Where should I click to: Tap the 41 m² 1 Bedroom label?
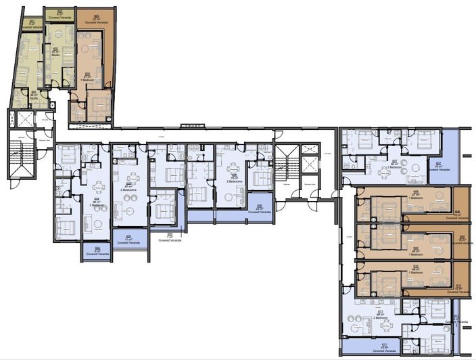[87, 76]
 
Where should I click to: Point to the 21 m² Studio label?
[55, 51]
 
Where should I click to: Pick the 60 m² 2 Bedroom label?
[395, 164]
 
